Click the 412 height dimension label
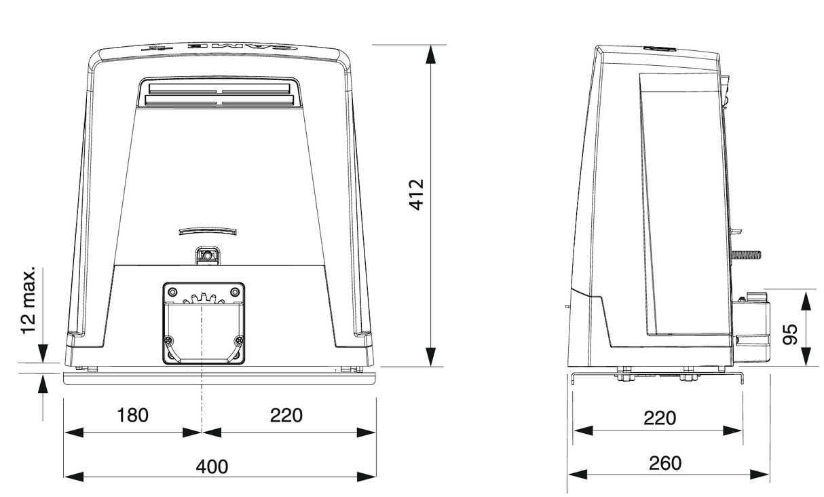416,194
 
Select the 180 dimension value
132,415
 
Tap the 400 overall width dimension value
212,466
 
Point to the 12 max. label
28,301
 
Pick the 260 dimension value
664,463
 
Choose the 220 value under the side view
660,418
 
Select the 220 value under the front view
286,415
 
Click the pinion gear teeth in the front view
203,298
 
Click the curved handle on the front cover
208,232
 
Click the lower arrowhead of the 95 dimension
805,357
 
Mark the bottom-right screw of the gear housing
238,340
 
